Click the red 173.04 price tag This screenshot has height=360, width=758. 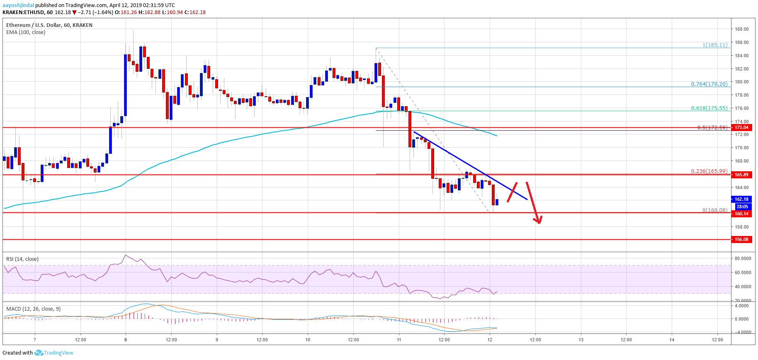[741, 127]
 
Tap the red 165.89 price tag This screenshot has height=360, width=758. [741, 175]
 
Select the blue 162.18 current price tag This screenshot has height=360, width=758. [741, 199]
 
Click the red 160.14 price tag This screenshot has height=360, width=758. [741, 214]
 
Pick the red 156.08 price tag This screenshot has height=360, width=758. [741, 239]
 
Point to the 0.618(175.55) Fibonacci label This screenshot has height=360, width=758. [709, 108]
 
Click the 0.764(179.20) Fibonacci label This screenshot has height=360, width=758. [709, 84]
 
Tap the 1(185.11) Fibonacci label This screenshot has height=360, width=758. [715, 45]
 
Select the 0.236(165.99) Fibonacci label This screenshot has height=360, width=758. [709, 171]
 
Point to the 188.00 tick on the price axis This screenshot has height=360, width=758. [741, 29]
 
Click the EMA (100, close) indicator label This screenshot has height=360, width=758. [26, 32]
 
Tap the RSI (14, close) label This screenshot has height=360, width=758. [22, 259]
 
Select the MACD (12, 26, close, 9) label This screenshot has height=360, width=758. [33, 309]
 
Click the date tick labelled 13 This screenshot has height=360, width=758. [581, 340]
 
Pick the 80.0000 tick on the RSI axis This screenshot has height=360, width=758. [743, 258]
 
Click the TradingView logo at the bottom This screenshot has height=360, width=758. [54, 353]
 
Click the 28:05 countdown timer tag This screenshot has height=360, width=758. [741, 207]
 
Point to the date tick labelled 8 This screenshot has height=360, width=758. [126, 340]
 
